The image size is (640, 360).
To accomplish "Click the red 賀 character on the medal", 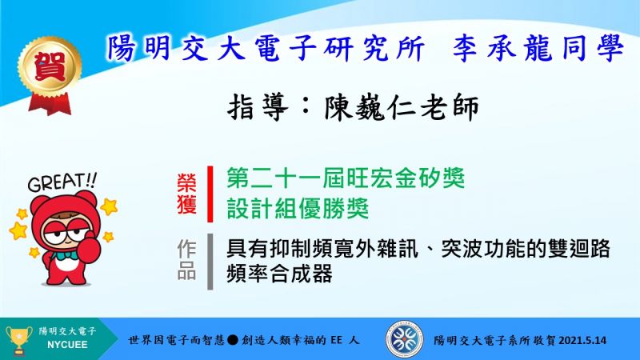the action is [x=50, y=66].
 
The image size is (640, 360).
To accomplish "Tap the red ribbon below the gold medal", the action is [x=50, y=104].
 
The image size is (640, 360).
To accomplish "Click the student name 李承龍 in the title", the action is [x=502, y=49].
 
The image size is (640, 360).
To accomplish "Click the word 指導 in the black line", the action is [x=258, y=108].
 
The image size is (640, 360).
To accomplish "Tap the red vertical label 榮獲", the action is [x=186, y=194].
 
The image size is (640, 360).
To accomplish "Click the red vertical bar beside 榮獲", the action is [x=210, y=194].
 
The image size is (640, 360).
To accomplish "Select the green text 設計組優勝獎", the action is [x=298, y=209].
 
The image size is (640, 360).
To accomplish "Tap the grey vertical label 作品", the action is [x=186, y=260].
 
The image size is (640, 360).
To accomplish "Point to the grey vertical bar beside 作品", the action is [x=210, y=262].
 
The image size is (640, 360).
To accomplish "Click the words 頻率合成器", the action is [x=279, y=274].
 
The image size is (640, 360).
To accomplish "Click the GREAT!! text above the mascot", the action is [x=62, y=182].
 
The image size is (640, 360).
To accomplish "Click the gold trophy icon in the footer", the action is [x=18, y=339].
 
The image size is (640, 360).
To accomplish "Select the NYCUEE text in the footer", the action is [x=67, y=345].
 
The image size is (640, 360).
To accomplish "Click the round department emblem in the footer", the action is [x=404, y=339].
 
